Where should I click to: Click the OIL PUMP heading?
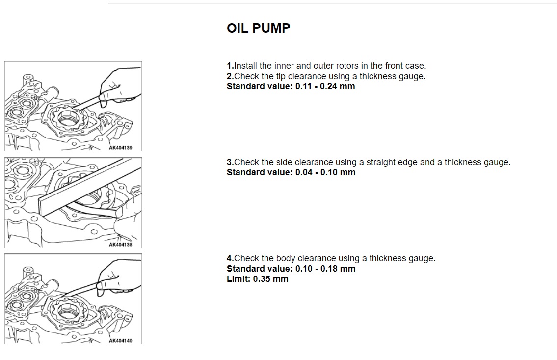point(258,28)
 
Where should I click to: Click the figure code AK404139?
point(120,148)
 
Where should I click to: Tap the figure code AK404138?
point(120,245)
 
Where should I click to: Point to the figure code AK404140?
point(120,341)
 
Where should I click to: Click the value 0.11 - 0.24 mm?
point(325,86)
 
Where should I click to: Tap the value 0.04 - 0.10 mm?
point(325,172)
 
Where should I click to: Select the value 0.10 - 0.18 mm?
point(325,269)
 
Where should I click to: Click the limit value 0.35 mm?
point(270,279)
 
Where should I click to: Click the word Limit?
point(239,279)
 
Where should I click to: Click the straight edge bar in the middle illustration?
point(89,187)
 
